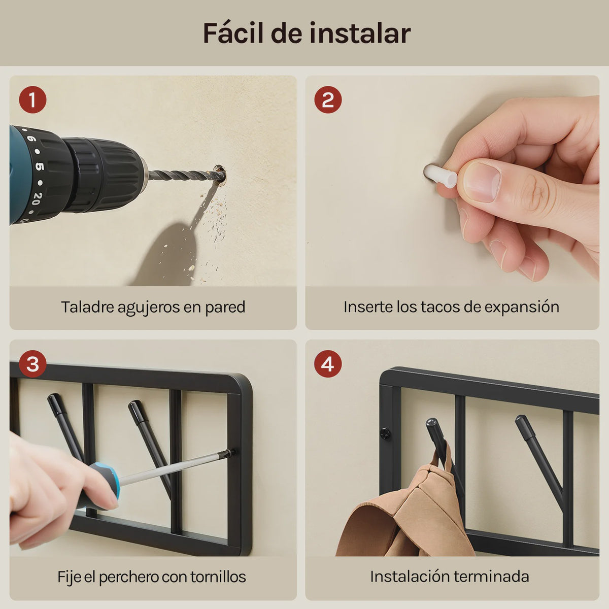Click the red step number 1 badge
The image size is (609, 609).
point(32,99)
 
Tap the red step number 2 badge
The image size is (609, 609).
point(328,99)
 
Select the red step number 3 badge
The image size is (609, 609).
point(32,364)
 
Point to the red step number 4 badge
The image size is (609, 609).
point(328,364)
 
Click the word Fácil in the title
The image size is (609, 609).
point(233,33)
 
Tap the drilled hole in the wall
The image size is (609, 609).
point(219,174)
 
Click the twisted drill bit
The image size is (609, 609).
point(183,176)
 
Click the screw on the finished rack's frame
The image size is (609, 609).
point(385,433)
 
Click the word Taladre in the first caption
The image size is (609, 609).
point(87,307)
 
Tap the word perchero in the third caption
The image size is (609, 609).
point(128,577)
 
